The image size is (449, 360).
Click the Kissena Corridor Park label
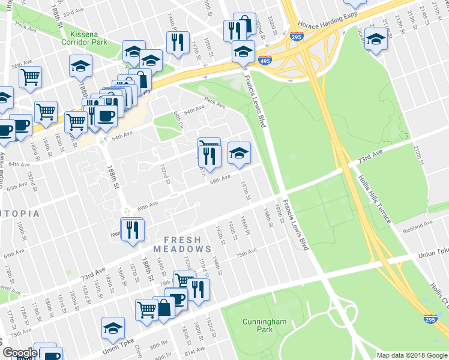click(87, 38)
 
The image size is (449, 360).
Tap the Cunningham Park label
click(264, 326)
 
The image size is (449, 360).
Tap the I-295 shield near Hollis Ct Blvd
click(430, 319)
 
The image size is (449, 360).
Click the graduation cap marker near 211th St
click(376, 40)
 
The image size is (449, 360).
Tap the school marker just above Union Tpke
click(113, 328)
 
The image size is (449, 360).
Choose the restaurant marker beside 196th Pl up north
click(177, 42)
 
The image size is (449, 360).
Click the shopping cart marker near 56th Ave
click(29, 76)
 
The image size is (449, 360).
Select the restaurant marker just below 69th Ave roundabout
click(132, 229)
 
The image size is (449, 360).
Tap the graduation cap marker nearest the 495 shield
click(243, 51)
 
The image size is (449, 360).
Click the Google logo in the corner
click(20, 353)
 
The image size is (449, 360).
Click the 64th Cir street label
click(178, 120)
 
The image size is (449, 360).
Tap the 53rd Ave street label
click(73, 12)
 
